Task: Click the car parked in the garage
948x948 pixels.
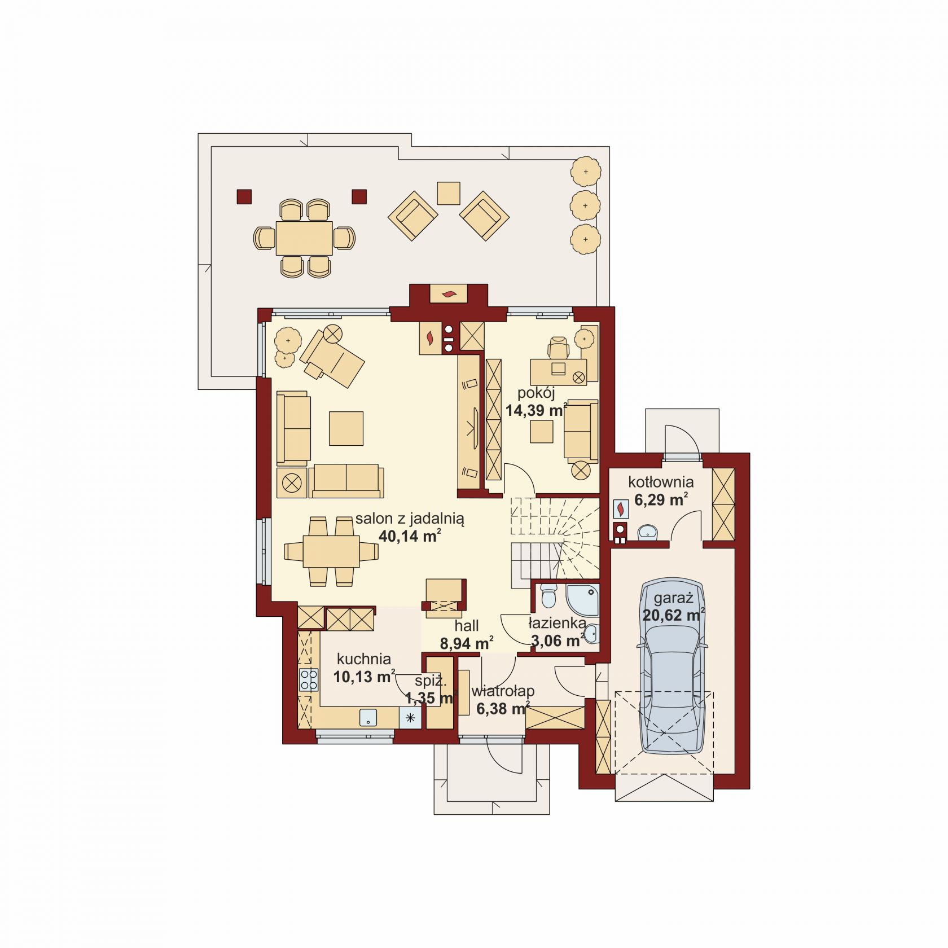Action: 671,666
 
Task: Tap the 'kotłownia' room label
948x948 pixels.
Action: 661,482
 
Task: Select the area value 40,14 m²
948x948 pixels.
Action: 410,536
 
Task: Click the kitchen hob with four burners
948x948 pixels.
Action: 309,679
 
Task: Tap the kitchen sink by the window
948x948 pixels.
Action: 368,717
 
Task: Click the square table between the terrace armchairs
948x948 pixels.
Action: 449,193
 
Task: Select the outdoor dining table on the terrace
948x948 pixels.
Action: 304,238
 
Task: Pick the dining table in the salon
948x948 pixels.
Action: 331,551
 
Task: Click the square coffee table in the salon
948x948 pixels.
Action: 346,428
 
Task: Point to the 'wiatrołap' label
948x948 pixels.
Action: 503,691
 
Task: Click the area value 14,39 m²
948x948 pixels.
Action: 536,410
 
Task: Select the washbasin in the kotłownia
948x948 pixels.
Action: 647,532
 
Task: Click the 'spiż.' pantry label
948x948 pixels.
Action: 431,682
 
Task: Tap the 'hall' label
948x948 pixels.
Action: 467,625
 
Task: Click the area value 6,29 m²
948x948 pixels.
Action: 661,499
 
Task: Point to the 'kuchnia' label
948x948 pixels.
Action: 364,659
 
